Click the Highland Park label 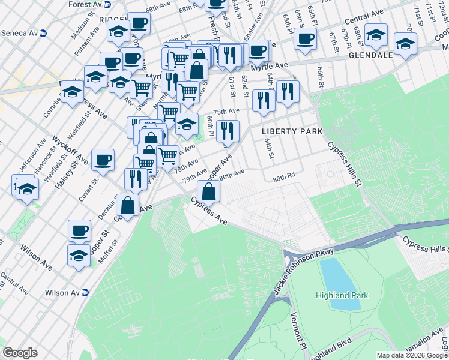pos(342,295)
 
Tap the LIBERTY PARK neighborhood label pos(292,131)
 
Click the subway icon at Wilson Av pos(85,293)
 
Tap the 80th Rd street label pos(283,178)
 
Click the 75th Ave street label pos(226,112)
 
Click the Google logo pos(20,353)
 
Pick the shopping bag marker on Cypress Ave pos(208,191)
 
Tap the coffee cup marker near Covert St pos(103,160)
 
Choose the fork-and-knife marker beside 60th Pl pos(228,130)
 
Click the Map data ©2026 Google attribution pos(411,355)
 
